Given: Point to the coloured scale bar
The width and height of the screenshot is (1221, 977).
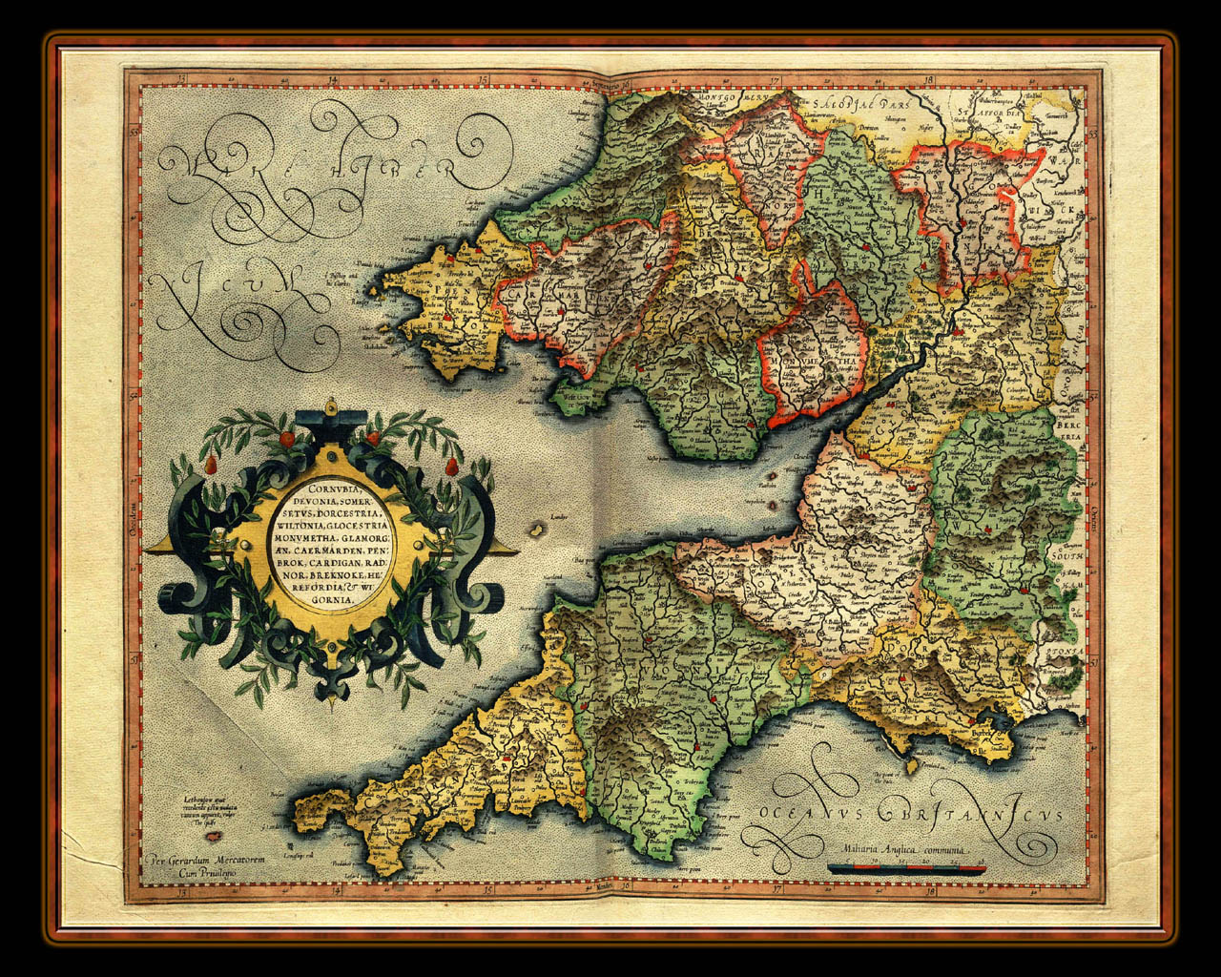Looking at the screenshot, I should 906,867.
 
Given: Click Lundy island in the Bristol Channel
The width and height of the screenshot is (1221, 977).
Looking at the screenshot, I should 539,528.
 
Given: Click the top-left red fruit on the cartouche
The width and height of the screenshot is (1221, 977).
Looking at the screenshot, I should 284,439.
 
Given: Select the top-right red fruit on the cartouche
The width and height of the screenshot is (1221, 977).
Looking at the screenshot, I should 374,438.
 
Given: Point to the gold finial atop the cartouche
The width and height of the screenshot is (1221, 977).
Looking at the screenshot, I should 330,406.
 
